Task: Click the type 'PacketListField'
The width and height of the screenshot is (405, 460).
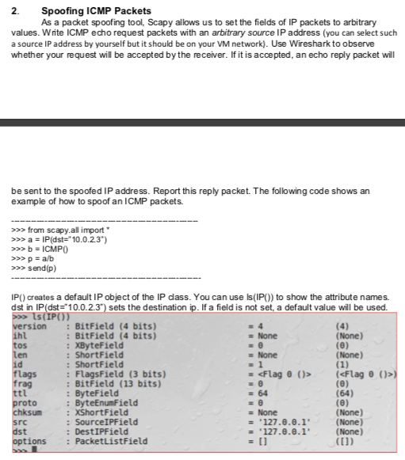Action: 112,441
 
